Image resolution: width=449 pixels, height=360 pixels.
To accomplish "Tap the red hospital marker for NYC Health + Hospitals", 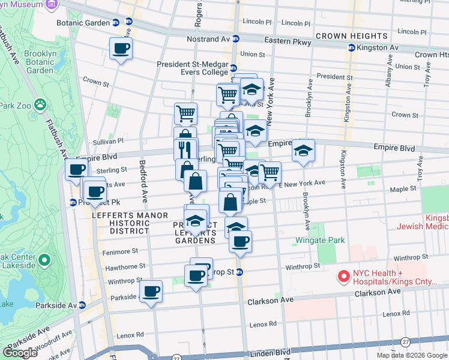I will click(x=344, y=277).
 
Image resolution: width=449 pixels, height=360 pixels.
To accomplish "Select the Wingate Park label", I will click(x=320, y=241).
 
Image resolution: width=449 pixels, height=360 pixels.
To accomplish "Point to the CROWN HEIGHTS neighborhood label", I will click(x=349, y=36).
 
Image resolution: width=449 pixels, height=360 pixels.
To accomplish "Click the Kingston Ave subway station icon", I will click(x=351, y=47).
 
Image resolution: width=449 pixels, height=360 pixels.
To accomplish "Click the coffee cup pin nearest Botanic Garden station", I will click(x=121, y=49).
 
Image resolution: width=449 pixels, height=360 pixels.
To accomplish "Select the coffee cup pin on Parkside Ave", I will click(x=151, y=292).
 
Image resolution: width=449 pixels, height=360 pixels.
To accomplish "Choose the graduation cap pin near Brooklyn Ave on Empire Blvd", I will click(x=304, y=151).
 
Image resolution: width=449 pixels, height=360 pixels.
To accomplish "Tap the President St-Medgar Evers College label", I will click(x=192, y=68).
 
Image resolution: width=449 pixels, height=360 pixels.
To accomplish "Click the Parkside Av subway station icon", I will click(x=82, y=305).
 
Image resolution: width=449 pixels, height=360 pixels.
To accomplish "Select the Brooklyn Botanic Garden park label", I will click(x=40, y=62).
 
